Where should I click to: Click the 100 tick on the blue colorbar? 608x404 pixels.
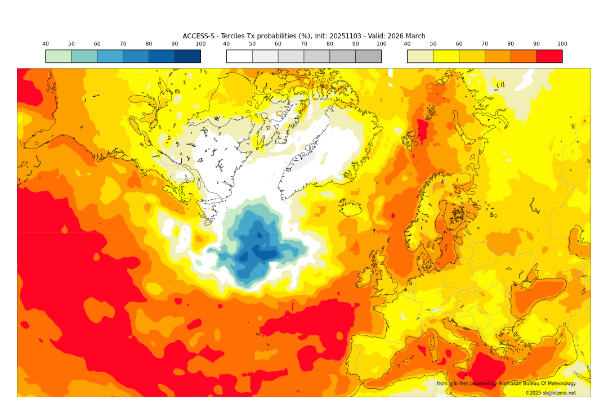click(200, 44)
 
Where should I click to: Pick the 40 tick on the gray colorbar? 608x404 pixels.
click(226, 44)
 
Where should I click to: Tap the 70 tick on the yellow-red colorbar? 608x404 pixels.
click(485, 44)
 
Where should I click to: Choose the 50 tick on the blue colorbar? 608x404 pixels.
click(71, 44)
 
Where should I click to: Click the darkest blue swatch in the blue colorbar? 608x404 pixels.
click(187, 56)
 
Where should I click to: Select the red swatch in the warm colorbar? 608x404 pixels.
click(549, 56)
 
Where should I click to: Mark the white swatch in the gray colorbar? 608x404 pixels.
click(239, 56)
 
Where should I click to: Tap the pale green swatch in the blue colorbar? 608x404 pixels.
click(59, 56)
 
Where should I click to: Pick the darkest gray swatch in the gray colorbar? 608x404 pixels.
click(368, 56)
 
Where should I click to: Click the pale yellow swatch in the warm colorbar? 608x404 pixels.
click(420, 56)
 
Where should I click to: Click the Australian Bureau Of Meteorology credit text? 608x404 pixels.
click(536, 384)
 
